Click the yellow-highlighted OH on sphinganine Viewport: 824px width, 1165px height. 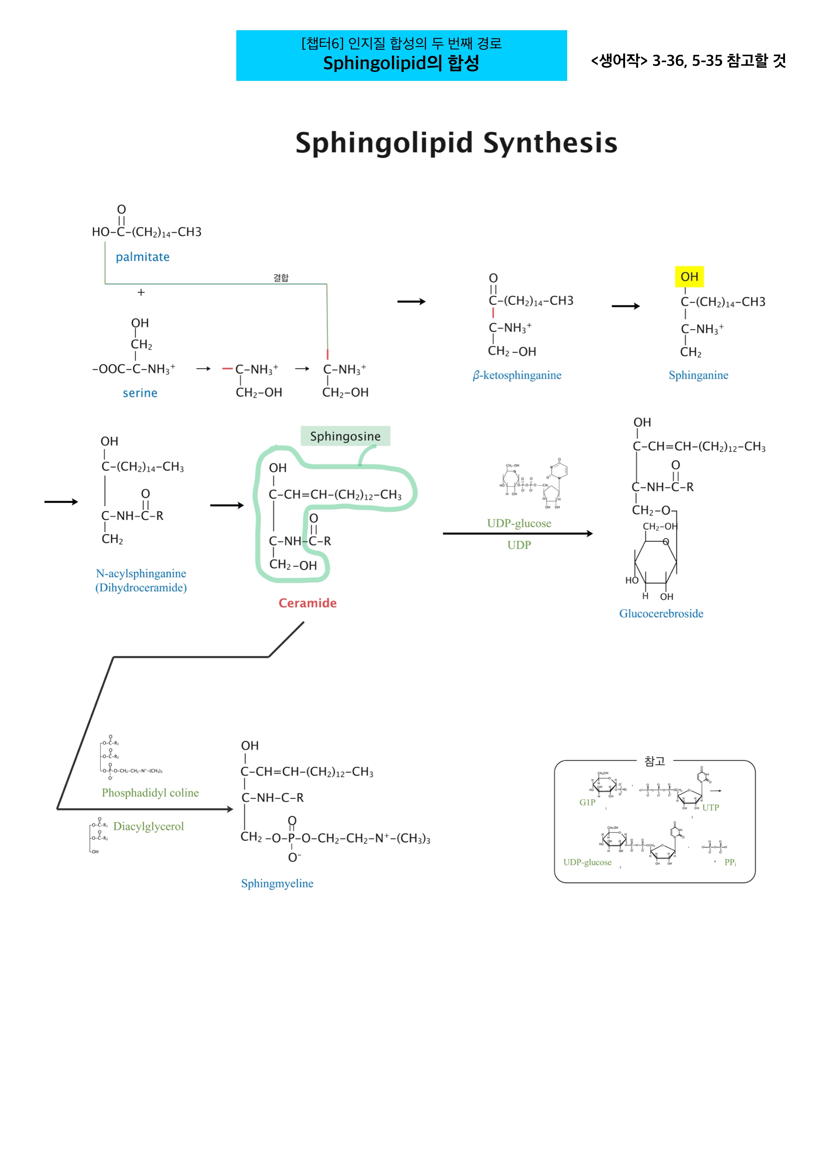point(689,277)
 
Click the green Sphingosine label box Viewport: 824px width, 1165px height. point(345,436)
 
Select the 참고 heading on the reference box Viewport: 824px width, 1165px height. point(654,761)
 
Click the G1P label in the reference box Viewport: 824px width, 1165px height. point(587,802)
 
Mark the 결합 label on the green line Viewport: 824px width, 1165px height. point(281,278)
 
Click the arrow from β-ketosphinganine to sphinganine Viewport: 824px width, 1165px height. point(626,306)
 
